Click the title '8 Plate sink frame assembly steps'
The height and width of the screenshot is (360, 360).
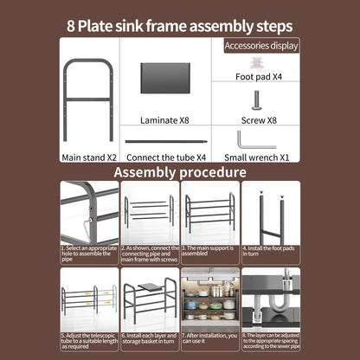(x=179, y=24)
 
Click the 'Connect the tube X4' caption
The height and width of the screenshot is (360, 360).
(x=166, y=157)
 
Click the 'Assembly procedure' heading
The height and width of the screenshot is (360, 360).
(x=180, y=172)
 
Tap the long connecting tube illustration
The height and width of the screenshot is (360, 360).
(x=166, y=140)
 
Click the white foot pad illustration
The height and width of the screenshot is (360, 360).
(x=255, y=62)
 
